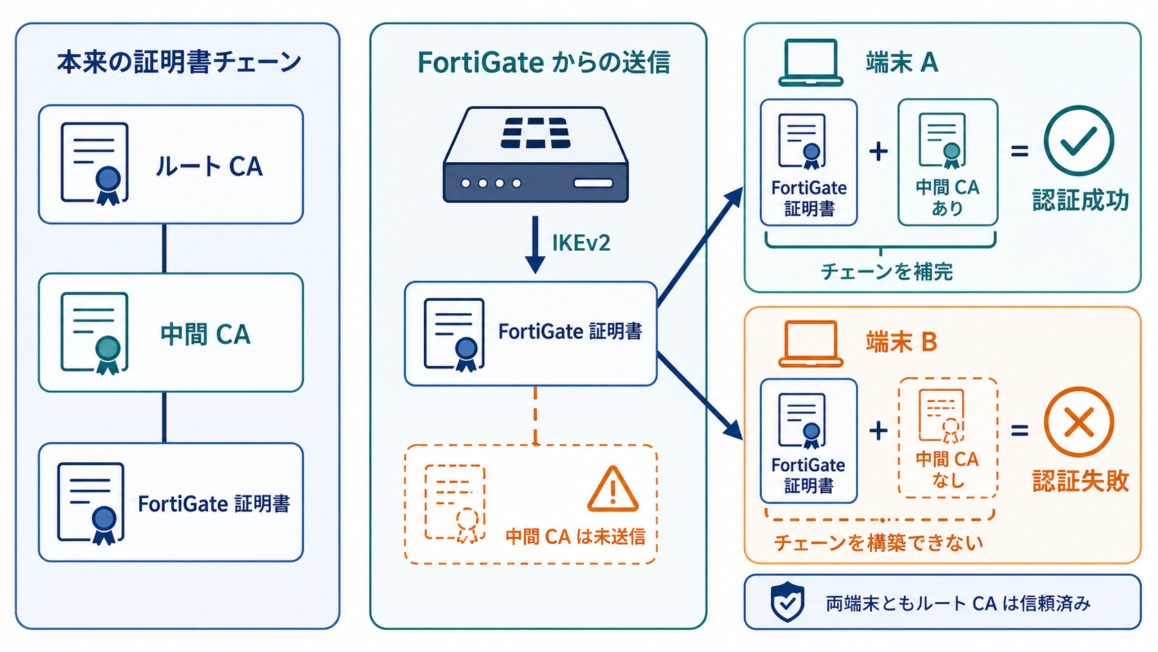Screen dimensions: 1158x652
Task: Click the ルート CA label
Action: tap(209, 166)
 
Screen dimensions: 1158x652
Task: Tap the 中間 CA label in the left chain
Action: tap(206, 334)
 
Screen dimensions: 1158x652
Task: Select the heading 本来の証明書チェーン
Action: tap(179, 62)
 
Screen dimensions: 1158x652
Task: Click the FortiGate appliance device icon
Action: tap(535, 154)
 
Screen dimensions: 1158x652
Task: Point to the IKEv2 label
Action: tap(581, 243)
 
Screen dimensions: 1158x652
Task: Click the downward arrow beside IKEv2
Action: tap(535, 245)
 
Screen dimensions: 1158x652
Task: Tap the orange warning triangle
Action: tap(613, 488)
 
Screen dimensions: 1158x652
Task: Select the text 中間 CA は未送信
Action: tap(576, 537)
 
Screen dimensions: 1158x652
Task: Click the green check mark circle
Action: tap(1079, 141)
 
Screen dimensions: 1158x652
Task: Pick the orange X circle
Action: tap(1079, 422)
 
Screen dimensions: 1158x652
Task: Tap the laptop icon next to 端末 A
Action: tap(810, 62)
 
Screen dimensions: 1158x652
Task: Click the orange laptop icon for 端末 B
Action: tap(810, 343)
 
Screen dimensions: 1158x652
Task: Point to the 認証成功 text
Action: tap(1080, 200)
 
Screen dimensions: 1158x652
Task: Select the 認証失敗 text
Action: tap(1080, 481)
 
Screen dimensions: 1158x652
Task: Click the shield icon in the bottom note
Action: tap(787, 601)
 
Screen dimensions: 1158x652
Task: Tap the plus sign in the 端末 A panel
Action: tap(878, 152)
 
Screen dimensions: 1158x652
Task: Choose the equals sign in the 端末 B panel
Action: tap(1019, 430)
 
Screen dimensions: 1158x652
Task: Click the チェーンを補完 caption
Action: tap(887, 272)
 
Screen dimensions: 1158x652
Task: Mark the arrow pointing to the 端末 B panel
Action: tap(700, 396)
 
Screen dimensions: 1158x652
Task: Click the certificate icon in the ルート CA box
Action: tap(95, 164)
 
